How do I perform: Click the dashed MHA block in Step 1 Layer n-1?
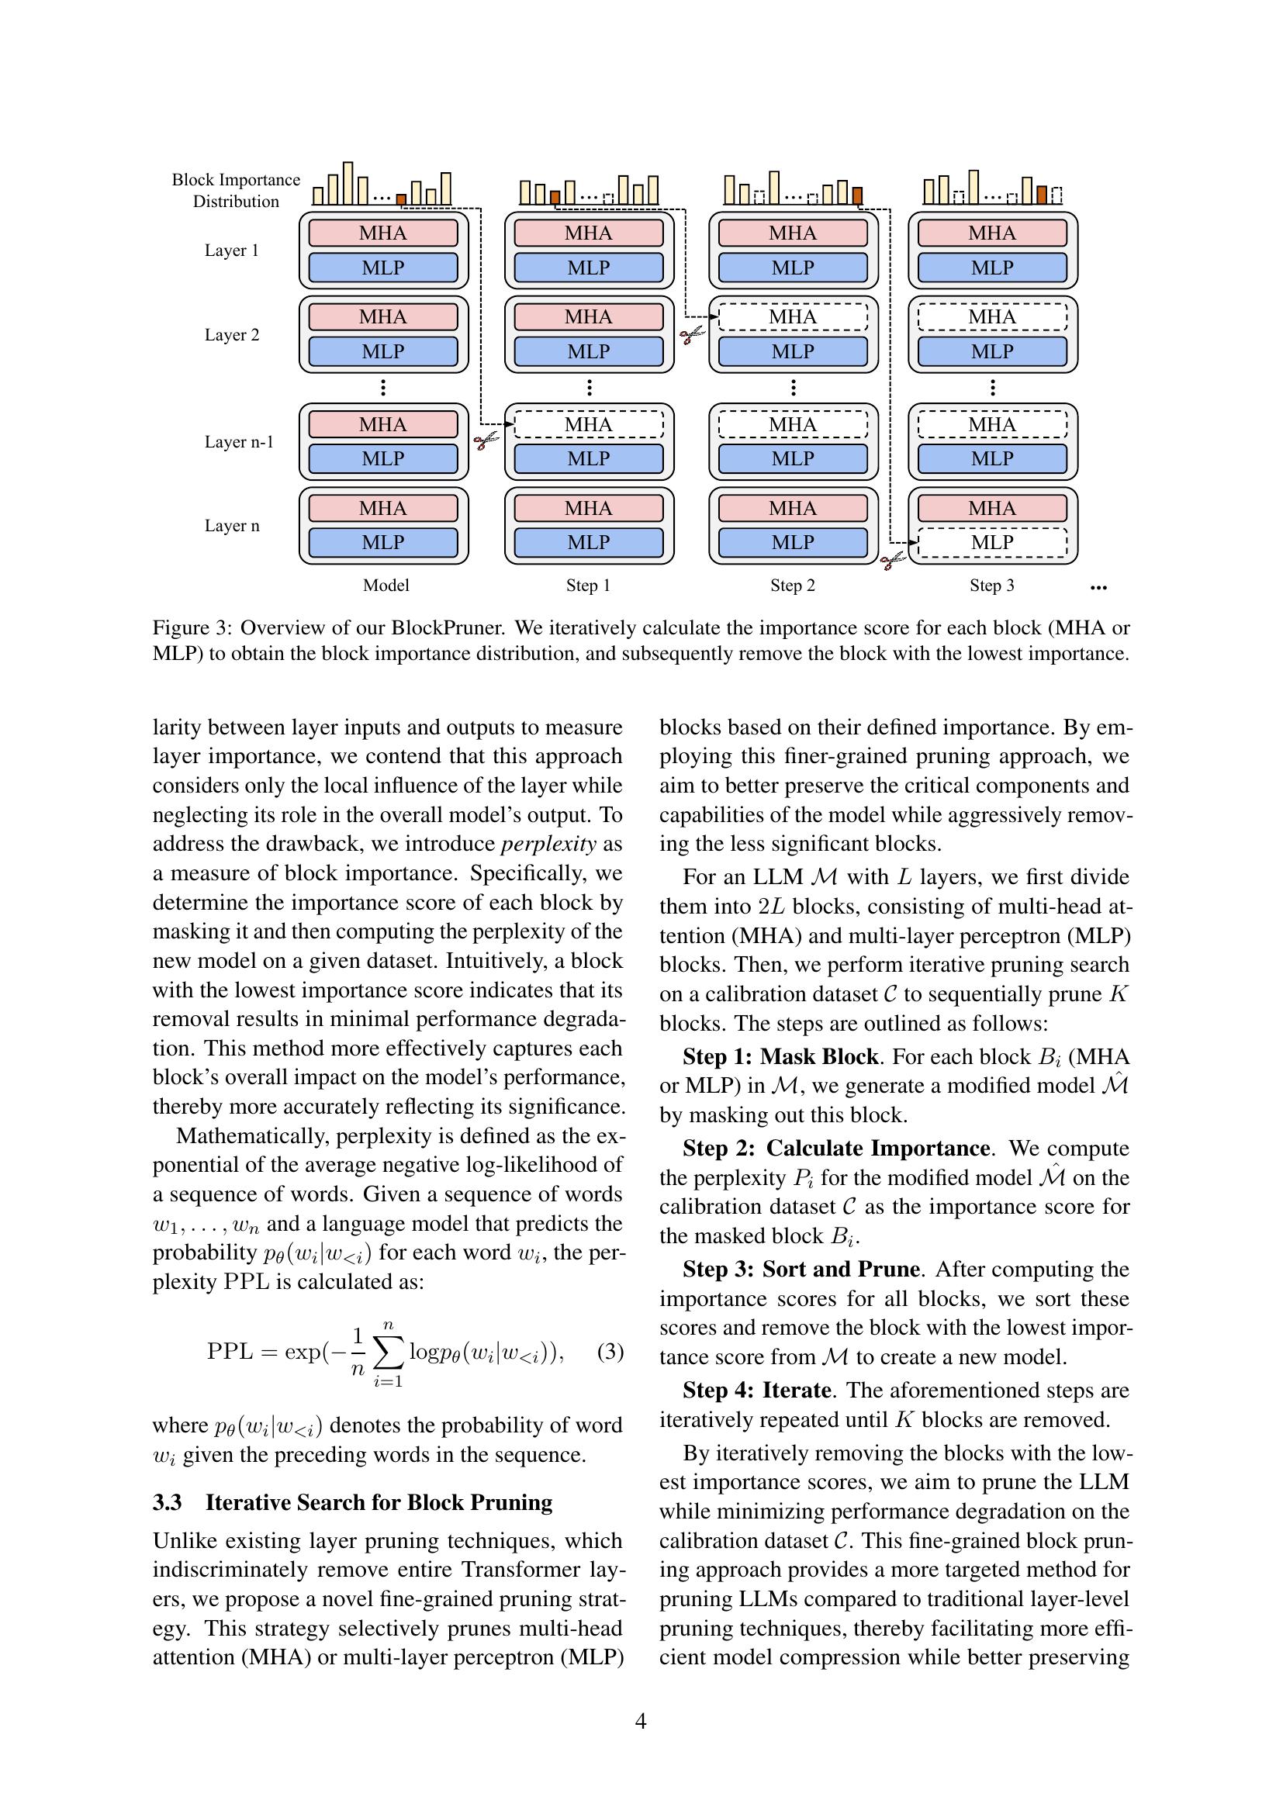coord(589,424)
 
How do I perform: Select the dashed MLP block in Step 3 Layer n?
coord(992,542)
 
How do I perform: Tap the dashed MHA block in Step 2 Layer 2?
coord(793,317)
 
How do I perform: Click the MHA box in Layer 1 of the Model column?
coord(383,233)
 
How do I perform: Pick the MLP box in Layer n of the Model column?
coord(383,542)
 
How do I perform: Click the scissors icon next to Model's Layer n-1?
coord(486,440)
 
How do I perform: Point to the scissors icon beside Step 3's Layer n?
coord(893,561)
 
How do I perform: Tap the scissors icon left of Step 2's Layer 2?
coord(691,336)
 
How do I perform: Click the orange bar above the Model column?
coord(401,199)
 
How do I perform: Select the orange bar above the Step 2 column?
coord(858,195)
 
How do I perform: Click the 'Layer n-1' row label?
coord(239,441)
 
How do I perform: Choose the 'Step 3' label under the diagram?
coord(991,586)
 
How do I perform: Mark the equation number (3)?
coord(610,1351)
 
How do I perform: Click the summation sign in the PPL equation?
coord(388,1352)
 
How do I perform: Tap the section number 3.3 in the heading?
coord(168,1502)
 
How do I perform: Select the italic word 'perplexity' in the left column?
coord(548,844)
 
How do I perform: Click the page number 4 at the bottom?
coord(641,1721)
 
